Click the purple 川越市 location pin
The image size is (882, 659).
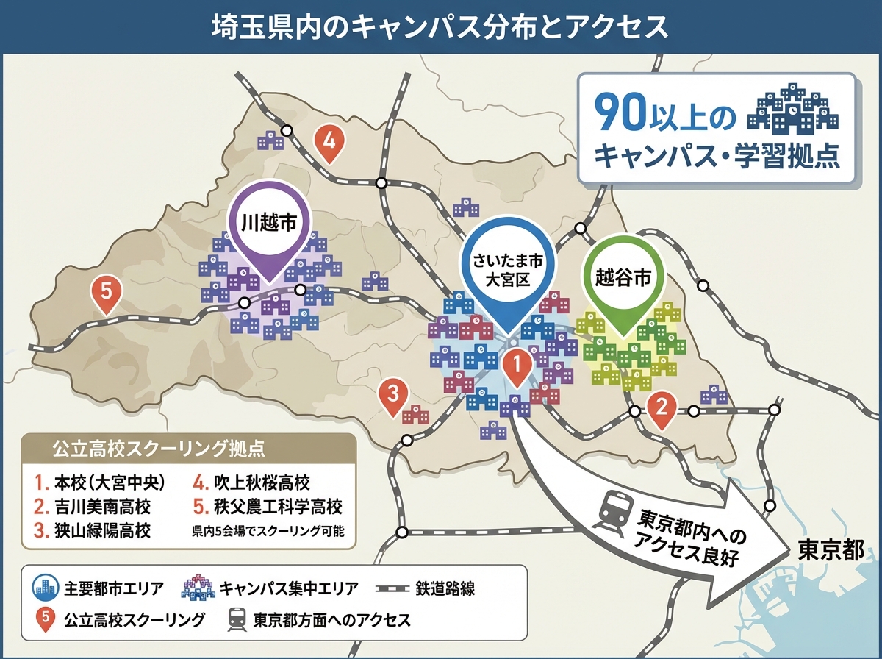pos(268,224)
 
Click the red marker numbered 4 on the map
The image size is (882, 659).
pos(329,140)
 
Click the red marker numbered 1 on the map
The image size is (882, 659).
pos(516,364)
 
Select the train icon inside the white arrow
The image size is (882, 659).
pos(614,507)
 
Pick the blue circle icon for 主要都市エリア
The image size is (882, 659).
pos(46,588)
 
